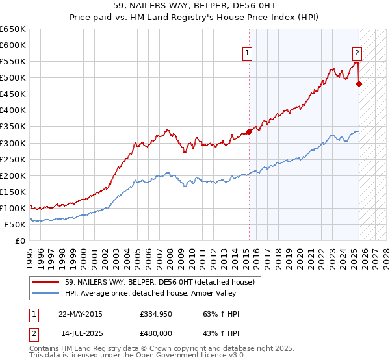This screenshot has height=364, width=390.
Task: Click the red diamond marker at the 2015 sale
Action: [x=249, y=131]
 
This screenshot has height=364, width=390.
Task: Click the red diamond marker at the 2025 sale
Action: [x=359, y=84]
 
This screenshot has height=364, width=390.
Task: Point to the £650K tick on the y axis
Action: [x=14, y=29]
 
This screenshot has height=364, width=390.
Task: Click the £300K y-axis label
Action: [x=14, y=143]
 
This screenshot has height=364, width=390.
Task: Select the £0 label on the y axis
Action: [x=21, y=240]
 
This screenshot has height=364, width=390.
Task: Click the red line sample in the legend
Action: [x=47, y=282]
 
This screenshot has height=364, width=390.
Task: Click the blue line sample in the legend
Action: [x=47, y=293]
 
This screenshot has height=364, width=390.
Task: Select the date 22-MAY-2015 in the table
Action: [x=80, y=315]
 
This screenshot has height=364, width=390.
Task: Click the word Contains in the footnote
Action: [x=45, y=348]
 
